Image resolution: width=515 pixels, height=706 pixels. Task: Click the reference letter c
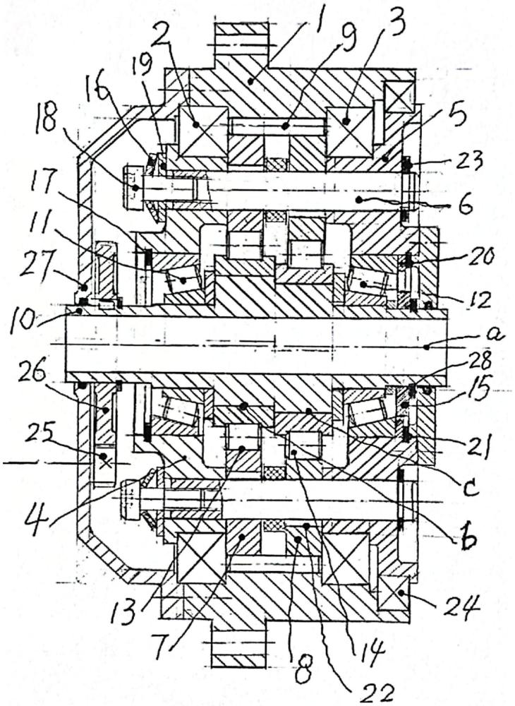[471, 487]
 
